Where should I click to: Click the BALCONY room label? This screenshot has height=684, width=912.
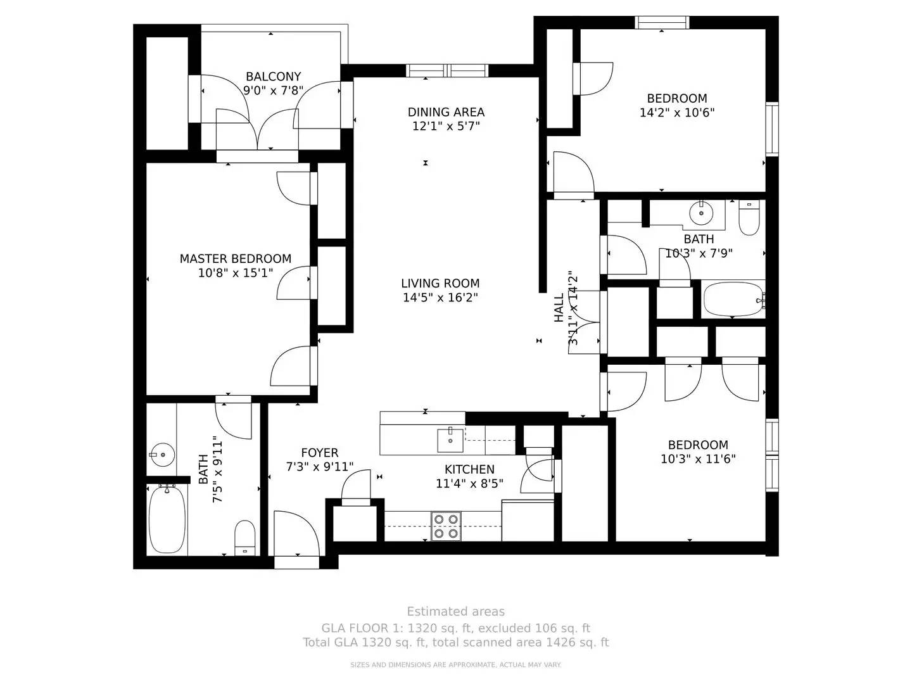click(x=273, y=77)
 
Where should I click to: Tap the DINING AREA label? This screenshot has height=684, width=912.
click(x=446, y=112)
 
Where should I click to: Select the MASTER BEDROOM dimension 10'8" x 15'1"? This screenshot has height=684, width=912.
click(x=235, y=273)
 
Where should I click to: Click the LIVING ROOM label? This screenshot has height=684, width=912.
click(x=440, y=283)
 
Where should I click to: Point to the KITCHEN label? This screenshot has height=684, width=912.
click(x=469, y=469)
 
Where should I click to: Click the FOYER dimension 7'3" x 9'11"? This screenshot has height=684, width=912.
click(x=319, y=467)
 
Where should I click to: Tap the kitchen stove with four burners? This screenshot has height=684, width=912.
click(x=446, y=526)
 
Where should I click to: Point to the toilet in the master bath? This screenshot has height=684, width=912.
click(x=244, y=537)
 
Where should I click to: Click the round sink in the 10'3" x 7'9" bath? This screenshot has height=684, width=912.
click(x=702, y=212)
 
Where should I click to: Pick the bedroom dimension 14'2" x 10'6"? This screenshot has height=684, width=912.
click(x=677, y=113)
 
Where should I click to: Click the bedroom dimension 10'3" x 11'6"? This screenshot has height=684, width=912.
click(x=698, y=459)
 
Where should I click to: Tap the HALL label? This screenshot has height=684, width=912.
click(x=559, y=308)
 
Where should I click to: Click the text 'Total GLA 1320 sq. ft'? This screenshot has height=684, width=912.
click(x=367, y=642)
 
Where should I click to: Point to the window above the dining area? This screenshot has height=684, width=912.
click(x=446, y=70)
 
